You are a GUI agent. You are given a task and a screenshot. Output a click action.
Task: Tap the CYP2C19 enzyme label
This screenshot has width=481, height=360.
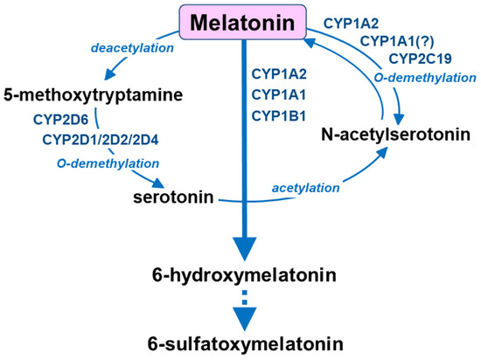[x=420, y=59]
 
